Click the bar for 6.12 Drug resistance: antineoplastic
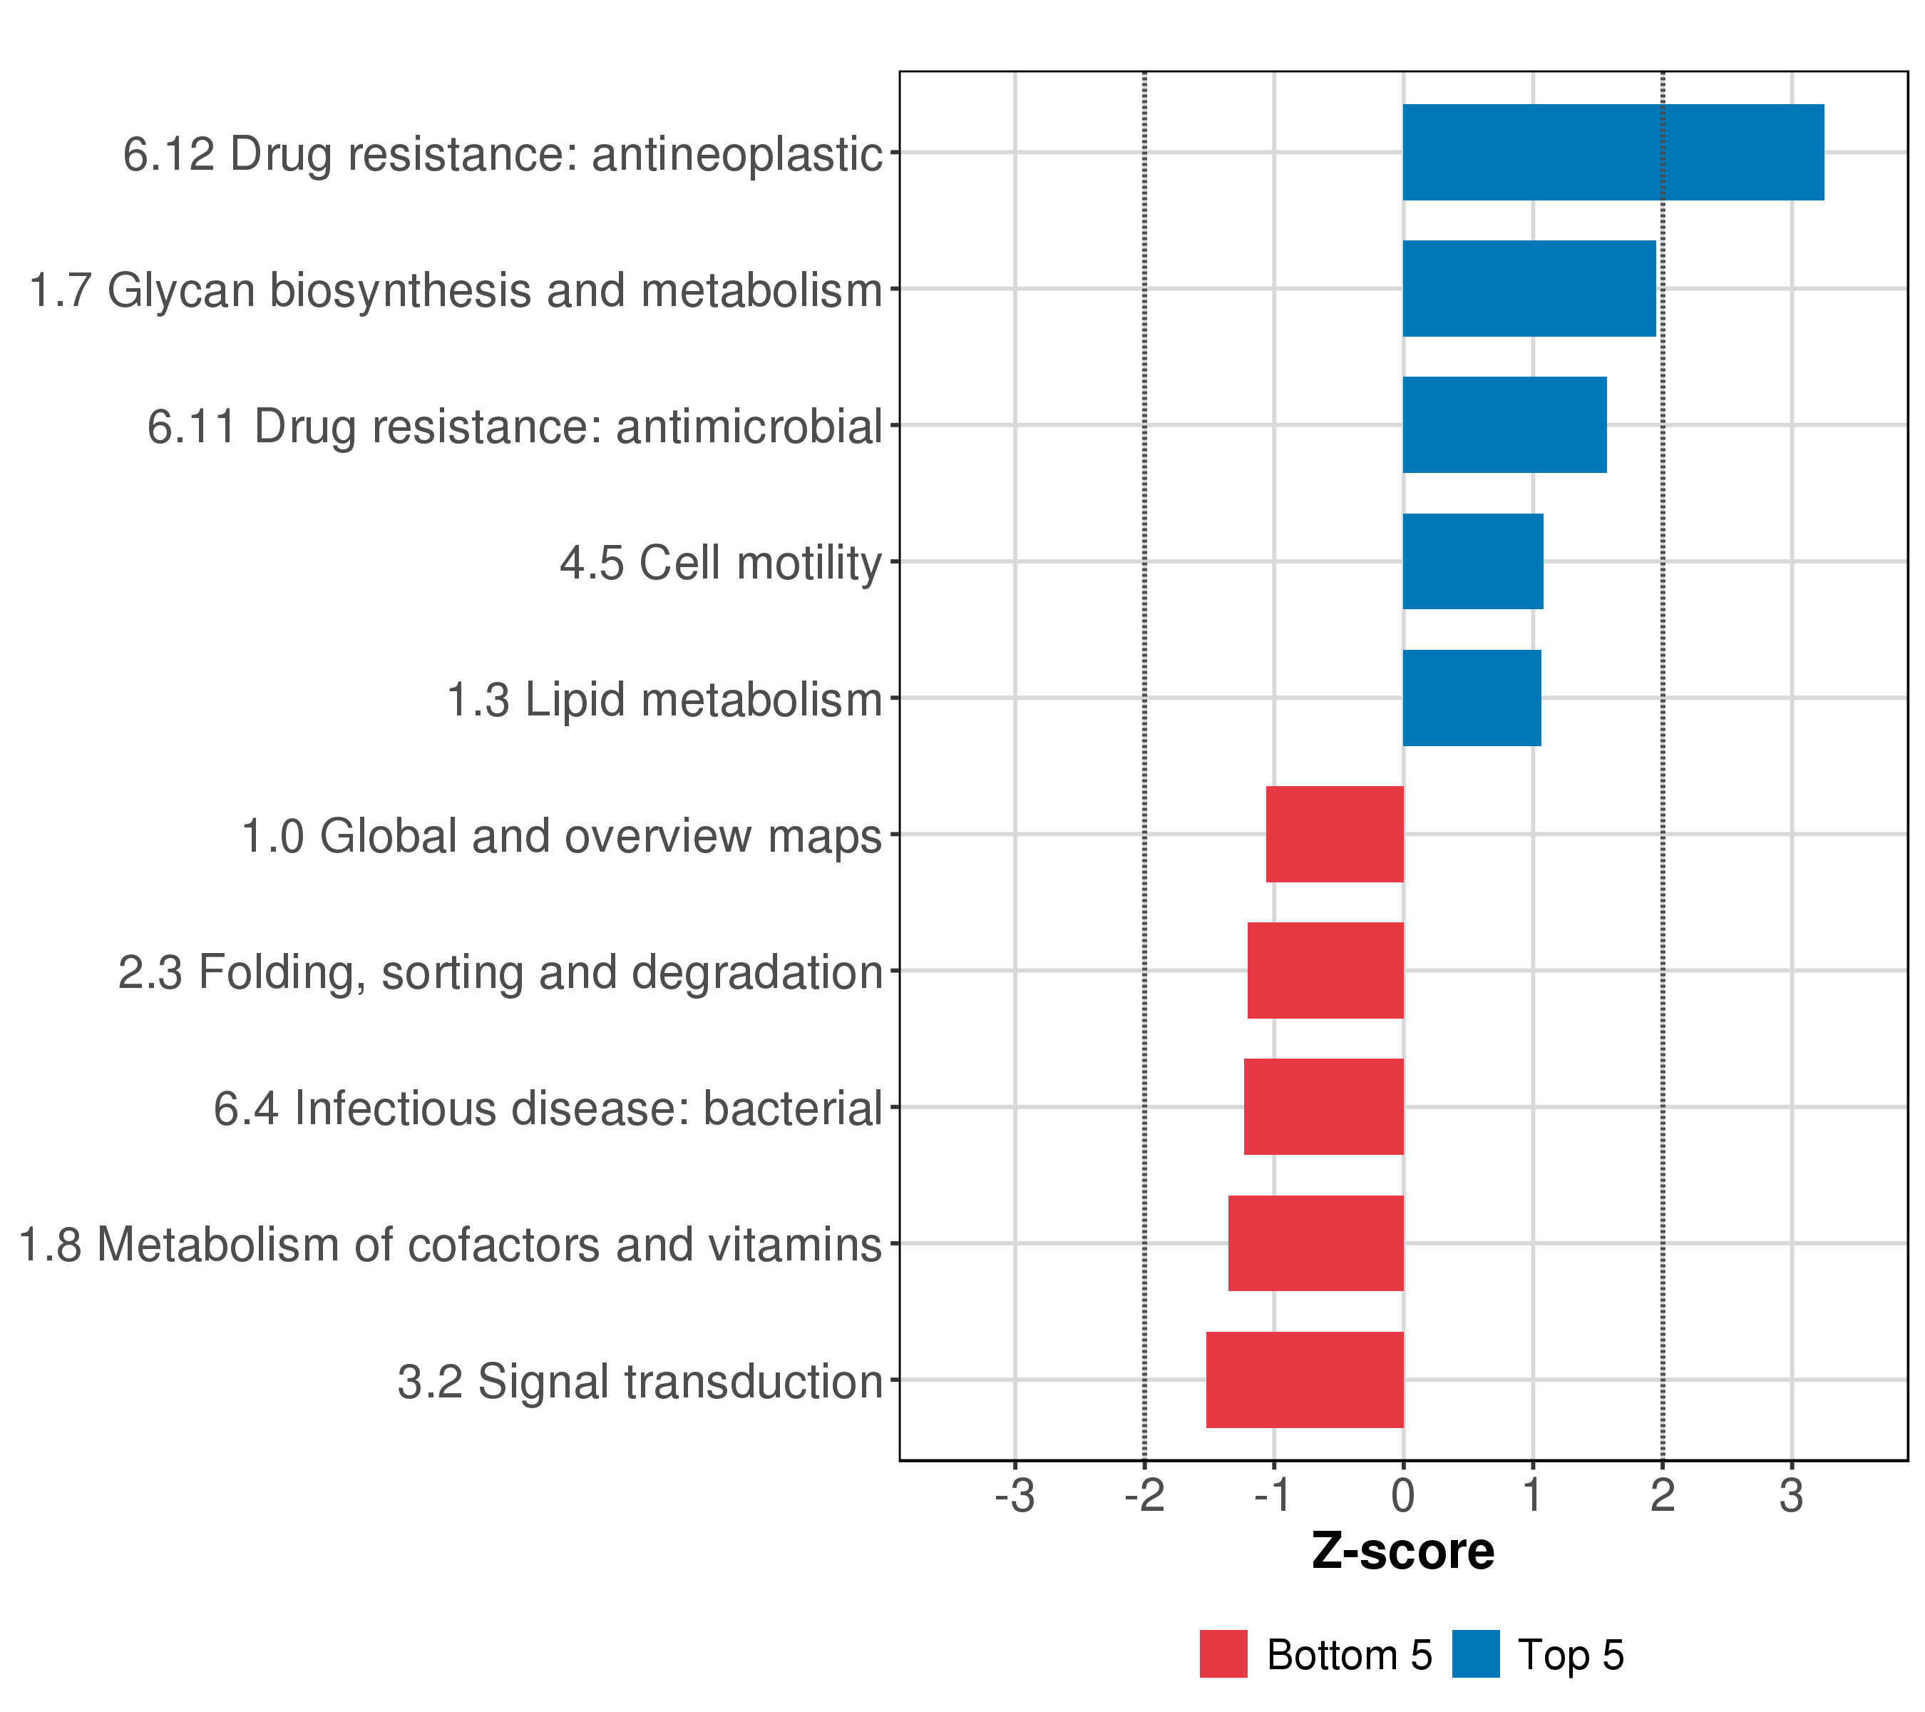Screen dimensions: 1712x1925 tap(1612, 152)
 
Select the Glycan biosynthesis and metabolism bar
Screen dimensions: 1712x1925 tap(1529, 288)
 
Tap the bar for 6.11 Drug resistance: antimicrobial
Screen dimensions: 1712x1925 tap(1504, 425)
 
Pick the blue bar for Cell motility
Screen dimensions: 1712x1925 tap(1472, 561)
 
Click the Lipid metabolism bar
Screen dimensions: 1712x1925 tap(1471, 698)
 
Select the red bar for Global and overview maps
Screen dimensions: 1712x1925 tap(1335, 834)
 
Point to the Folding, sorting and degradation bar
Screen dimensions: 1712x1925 tap(1325, 970)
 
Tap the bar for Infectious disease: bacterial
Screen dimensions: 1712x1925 tap(1323, 1107)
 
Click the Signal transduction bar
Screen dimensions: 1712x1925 tap(1305, 1380)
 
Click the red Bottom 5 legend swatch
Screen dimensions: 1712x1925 tap(1223, 1654)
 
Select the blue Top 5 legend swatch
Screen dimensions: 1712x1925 tap(1475, 1654)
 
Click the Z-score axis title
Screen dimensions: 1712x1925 tap(1402, 1551)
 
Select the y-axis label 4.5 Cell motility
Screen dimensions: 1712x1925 tap(721, 564)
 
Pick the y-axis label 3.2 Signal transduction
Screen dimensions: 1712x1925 tap(640, 1382)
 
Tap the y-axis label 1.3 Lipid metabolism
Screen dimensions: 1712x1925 tap(664, 700)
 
